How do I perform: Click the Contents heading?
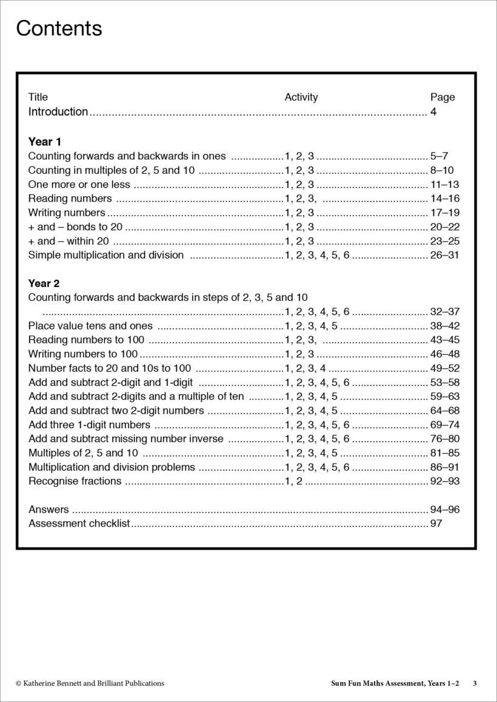(x=59, y=28)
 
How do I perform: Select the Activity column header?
(x=301, y=97)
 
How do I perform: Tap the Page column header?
(x=442, y=97)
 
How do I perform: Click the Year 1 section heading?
(x=45, y=142)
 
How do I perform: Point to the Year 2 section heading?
(x=45, y=283)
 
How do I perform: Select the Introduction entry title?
(x=58, y=111)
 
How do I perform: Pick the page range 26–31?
(x=444, y=255)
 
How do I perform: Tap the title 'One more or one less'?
(x=79, y=185)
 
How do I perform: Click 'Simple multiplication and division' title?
(x=106, y=255)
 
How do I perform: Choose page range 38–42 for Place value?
(x=444, y=326)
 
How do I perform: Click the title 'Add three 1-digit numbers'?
(x=89, y=425)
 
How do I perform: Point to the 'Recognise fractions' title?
(x=75, y=481)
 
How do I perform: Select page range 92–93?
(x=444, y=481)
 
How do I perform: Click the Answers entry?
(x=48, y=509)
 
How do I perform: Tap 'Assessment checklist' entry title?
(x=79, y=523)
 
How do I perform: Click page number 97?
(x=436, y=523)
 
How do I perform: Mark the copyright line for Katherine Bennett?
(x=90, y=683)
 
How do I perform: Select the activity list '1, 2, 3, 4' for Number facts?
(x=305, y=368)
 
